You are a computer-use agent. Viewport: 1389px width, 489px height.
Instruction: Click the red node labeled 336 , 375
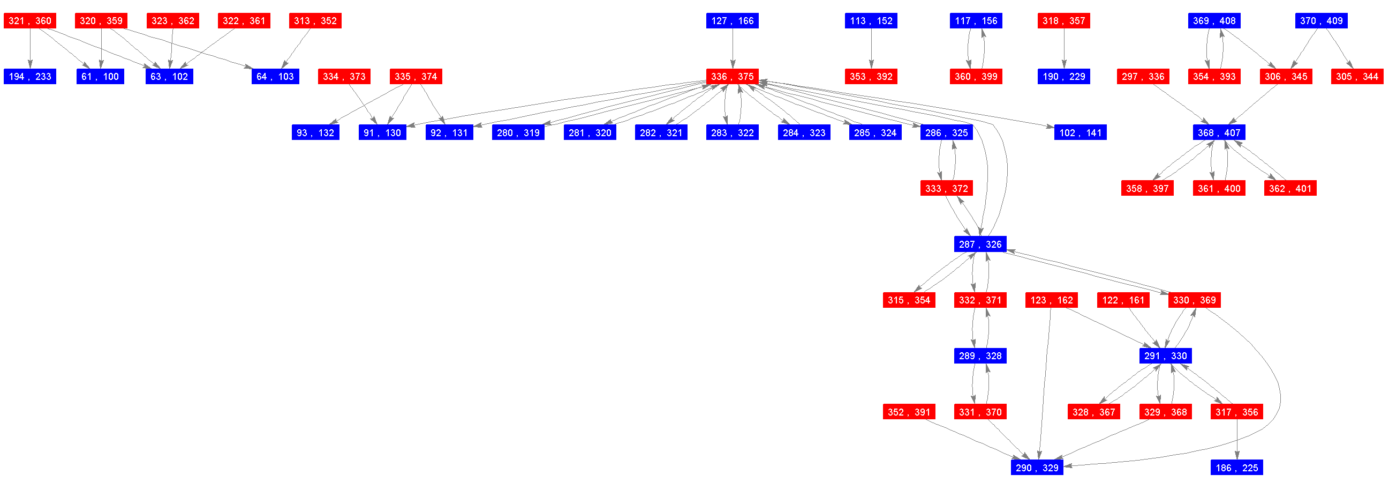[x=732, y=77]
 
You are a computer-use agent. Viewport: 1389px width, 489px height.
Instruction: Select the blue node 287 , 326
[x=980, y=244]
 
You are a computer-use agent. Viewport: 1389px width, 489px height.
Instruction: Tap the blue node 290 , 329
[x=1037, y=468]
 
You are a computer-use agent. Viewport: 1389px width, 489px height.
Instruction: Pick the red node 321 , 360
[x=29, y=21]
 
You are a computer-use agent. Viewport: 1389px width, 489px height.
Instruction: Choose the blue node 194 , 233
[x=29, y=77]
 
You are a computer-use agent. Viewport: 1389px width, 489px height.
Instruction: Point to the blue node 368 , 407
[x=1219, y=133]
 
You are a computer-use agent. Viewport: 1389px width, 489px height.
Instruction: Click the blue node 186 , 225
[x=1236, y=468]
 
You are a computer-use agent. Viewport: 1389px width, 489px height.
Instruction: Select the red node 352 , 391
[x=909, y=412]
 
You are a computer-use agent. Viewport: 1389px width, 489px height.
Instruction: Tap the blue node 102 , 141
[x=1080, y=133]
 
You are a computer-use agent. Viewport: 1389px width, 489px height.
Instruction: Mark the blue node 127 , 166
[x=732, y=21]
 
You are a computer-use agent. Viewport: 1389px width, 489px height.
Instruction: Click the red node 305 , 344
[x=1357, y=77]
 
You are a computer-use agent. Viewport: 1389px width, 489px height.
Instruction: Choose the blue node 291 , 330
[x=1165, y=355]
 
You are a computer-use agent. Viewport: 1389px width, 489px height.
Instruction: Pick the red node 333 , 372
[x=946, y=188]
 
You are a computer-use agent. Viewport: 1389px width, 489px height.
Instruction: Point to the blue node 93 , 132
[x=315, y=133]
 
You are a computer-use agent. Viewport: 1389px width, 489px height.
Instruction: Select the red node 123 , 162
[x=1051, y=300]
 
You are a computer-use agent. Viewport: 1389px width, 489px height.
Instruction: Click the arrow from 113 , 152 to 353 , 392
[x=871, y=49]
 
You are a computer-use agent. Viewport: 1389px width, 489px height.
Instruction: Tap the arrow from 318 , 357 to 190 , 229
[x=1064, y=49]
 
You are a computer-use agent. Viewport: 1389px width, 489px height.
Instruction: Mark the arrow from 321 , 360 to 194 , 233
[x=29, y=49]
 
